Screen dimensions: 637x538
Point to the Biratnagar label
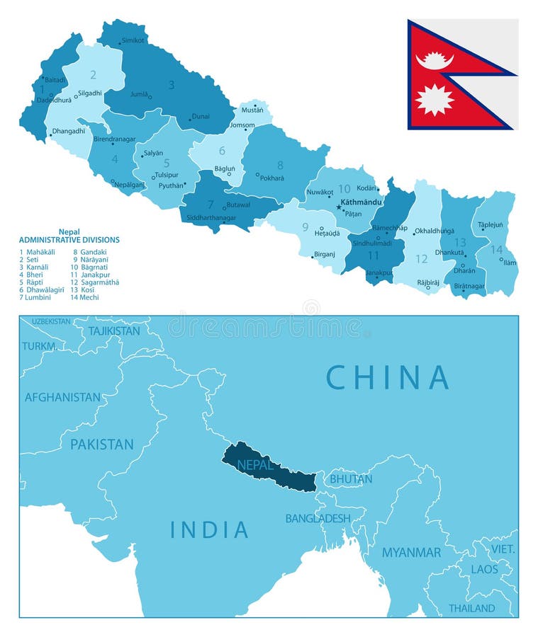click(x=469, y=286)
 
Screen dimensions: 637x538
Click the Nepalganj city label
click(x=130, y=183)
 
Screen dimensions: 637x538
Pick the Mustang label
click(x=252, y=110)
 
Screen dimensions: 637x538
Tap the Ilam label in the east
click(x=510, y=263)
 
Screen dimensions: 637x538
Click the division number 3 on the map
click(x=171, y=85)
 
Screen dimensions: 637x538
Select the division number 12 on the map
click(x=422, y=259)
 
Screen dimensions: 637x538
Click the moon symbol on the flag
click(x=434, y=60)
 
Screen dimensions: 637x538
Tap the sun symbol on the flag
click(x=434, y=99)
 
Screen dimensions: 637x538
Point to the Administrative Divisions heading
click(x=69, y=240)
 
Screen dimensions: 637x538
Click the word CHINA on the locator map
click(x=387, y=377)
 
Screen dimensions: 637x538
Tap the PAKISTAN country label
click(x=101, y=444)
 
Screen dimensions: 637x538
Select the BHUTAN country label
click(x=351, y=479)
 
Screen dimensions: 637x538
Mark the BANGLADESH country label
click(x=318, y=518)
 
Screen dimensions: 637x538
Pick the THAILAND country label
click(x=471, y=608)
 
